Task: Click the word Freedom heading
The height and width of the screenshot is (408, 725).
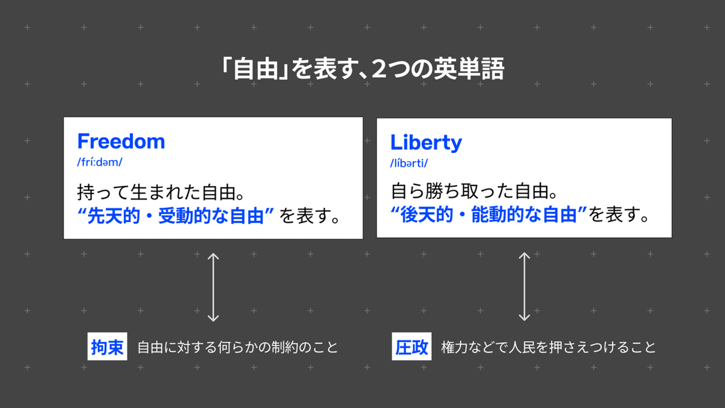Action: (x=121, y=142)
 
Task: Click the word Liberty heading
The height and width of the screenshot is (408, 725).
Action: (x=426, y=143)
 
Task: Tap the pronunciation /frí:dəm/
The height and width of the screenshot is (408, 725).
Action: (x=100, y=163)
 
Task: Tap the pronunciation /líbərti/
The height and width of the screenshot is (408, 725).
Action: (x=409, y=164)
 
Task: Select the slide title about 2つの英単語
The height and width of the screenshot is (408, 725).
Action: (x=362, y=70)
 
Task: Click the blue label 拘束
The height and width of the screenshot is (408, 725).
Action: (x=107, y=347)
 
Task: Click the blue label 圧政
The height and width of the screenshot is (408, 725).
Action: (x=411, y=348)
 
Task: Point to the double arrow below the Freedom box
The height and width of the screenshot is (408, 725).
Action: (x=213, y=287)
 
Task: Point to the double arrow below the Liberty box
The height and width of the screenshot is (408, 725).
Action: (x=524, y=287)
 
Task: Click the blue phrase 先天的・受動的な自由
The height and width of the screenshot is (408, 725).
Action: (x=176, y=217)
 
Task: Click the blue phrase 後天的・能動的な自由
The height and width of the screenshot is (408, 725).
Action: (x=489, y=216)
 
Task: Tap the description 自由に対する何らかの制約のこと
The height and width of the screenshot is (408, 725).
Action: (x=238, y=348)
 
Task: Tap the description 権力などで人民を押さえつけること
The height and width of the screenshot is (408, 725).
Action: (x=548, y=348)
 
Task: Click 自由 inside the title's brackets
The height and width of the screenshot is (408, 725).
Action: (x=258, y=70)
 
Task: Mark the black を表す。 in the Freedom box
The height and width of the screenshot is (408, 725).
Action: (x=310, y=217)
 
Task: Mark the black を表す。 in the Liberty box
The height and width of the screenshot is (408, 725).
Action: (x=619, y=216)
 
